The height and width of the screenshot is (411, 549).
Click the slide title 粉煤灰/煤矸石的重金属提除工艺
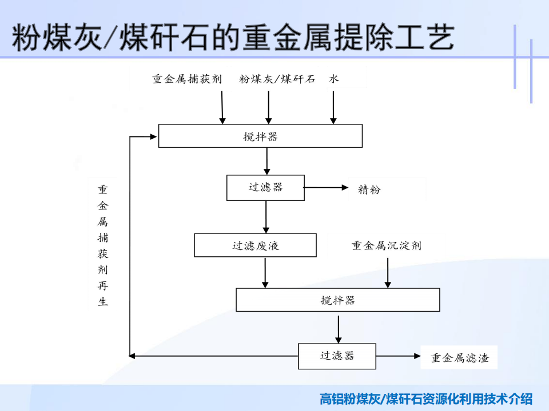(x=233, y=38)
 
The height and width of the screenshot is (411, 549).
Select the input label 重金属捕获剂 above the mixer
(x=188, y=79)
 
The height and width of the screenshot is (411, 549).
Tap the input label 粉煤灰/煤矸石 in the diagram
(x=277, y=79)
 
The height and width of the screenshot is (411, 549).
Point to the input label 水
(x=333, y=79)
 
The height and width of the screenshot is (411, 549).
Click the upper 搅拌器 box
(x=260, y=136)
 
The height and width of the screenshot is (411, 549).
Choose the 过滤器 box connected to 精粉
(x=265, y=188)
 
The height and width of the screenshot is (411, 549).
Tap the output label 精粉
(x=369, y=190)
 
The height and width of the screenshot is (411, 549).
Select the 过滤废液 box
(x=255, y=245)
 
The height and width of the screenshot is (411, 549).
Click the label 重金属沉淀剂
(x=387, y=245)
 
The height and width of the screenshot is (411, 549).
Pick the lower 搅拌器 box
(x=338, y=300)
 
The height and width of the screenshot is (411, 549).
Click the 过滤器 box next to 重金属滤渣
(x=337, y=356)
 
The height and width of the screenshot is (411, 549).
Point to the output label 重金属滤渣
(x=459, y=358)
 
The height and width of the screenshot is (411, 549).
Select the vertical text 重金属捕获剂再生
(x=102, y=245)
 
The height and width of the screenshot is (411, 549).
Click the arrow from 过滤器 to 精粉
(x=326, y=188)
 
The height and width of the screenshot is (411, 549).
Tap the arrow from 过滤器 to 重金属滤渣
(x=398, y=356)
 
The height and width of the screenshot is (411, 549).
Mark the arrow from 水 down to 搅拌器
(x=333, y=108)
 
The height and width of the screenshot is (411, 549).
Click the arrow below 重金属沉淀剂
(x=388, y=273)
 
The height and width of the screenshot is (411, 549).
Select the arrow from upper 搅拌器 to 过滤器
(x=267, y=161)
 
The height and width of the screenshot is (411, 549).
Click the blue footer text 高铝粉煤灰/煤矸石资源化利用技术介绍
(x=426, y=399)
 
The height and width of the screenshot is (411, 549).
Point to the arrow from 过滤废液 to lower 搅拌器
(x=265, y=273)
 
